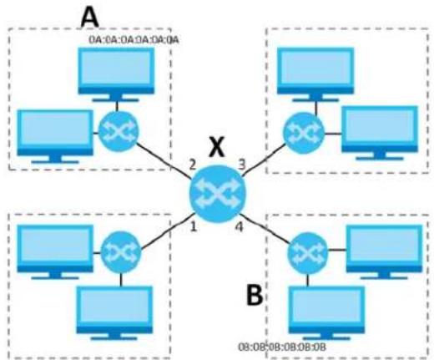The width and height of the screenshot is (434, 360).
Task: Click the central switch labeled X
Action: (x=217, y=194)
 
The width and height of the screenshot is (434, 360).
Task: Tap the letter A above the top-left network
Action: (x=89, y=18)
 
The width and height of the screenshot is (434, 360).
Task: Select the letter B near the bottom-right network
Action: (x=255, y=295)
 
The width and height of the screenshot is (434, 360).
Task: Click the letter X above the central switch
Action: (x=217, y=148)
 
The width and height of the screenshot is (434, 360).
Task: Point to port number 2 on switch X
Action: (x=193, y=165)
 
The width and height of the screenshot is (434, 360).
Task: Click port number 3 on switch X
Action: (x=242, y=165)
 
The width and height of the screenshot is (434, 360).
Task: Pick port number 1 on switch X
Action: (x=194, y=226)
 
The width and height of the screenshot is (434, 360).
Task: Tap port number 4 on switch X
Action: (x=240, y=226)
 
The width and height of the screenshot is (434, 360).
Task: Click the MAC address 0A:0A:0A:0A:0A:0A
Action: (x=134, y=40)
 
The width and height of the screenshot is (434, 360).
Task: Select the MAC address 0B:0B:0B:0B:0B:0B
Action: (x=282, y=347)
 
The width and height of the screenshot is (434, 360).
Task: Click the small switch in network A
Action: (x=118, y=131)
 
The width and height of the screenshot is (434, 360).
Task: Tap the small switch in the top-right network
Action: (x=304, y=133)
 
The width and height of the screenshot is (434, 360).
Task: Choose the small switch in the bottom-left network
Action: (x=121, y=253)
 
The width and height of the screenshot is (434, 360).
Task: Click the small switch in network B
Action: (x=308, y=252)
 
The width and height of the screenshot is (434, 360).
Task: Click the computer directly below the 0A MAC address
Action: (x=116, y=75)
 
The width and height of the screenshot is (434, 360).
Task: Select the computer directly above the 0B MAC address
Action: (x=326, y=313)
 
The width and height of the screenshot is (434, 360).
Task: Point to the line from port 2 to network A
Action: (x=163, y=160)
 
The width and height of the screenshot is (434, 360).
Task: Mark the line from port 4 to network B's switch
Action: (x=265, y=228)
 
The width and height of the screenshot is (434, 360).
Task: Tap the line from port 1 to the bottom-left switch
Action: (x=168, y=231)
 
